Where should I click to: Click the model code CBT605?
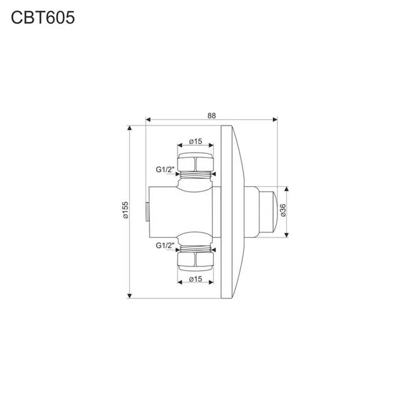coord(43,18)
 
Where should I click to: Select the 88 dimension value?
coord(212,116)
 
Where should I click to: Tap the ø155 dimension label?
coord(125,210)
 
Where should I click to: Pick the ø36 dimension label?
coord(283,211)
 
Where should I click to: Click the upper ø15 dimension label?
coord(196,141)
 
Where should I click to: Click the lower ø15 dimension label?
coord(196,279)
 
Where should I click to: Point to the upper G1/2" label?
coord(165,170)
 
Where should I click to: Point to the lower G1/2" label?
coord(165,245)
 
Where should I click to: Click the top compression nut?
coord(196,162)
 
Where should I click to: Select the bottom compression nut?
coord(196,261)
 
